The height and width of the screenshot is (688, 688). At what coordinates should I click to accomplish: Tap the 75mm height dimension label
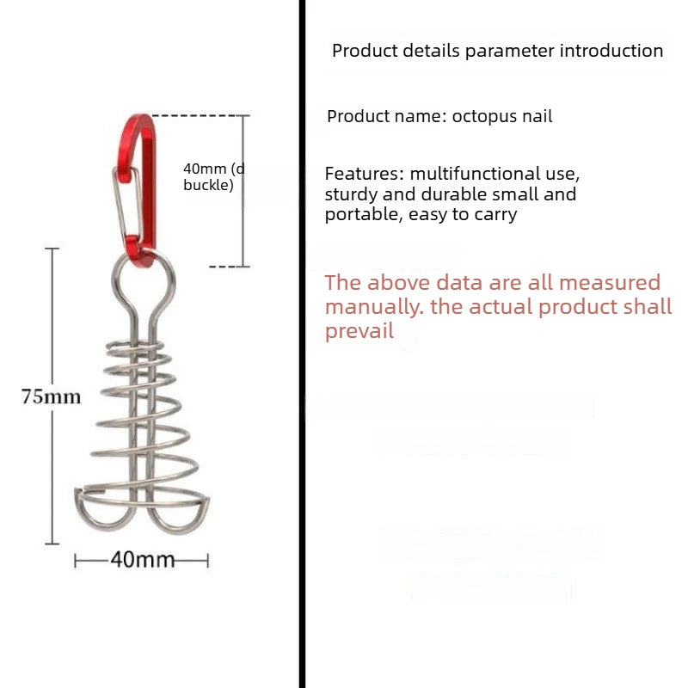pyautogui.click(x=52, y=397)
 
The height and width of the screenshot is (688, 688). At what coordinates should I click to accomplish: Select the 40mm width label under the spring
pyautogui.click(x=143, y=560)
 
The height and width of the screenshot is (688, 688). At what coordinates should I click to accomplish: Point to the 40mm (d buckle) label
pyautogui.click(x=213, y=177)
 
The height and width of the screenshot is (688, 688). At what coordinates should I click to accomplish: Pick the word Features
pyautogui.click(x=364, y=174)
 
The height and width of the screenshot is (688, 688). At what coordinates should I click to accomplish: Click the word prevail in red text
pyautogui.click(x=359, y=331)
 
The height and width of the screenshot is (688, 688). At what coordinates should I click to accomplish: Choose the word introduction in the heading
pyautogui.click(x=611, y=51)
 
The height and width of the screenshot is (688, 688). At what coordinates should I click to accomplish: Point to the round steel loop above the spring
pyautogui.click(x=144, y=281)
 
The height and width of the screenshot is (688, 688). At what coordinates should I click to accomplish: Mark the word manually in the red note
pyautogui.click(x=374, y=307)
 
